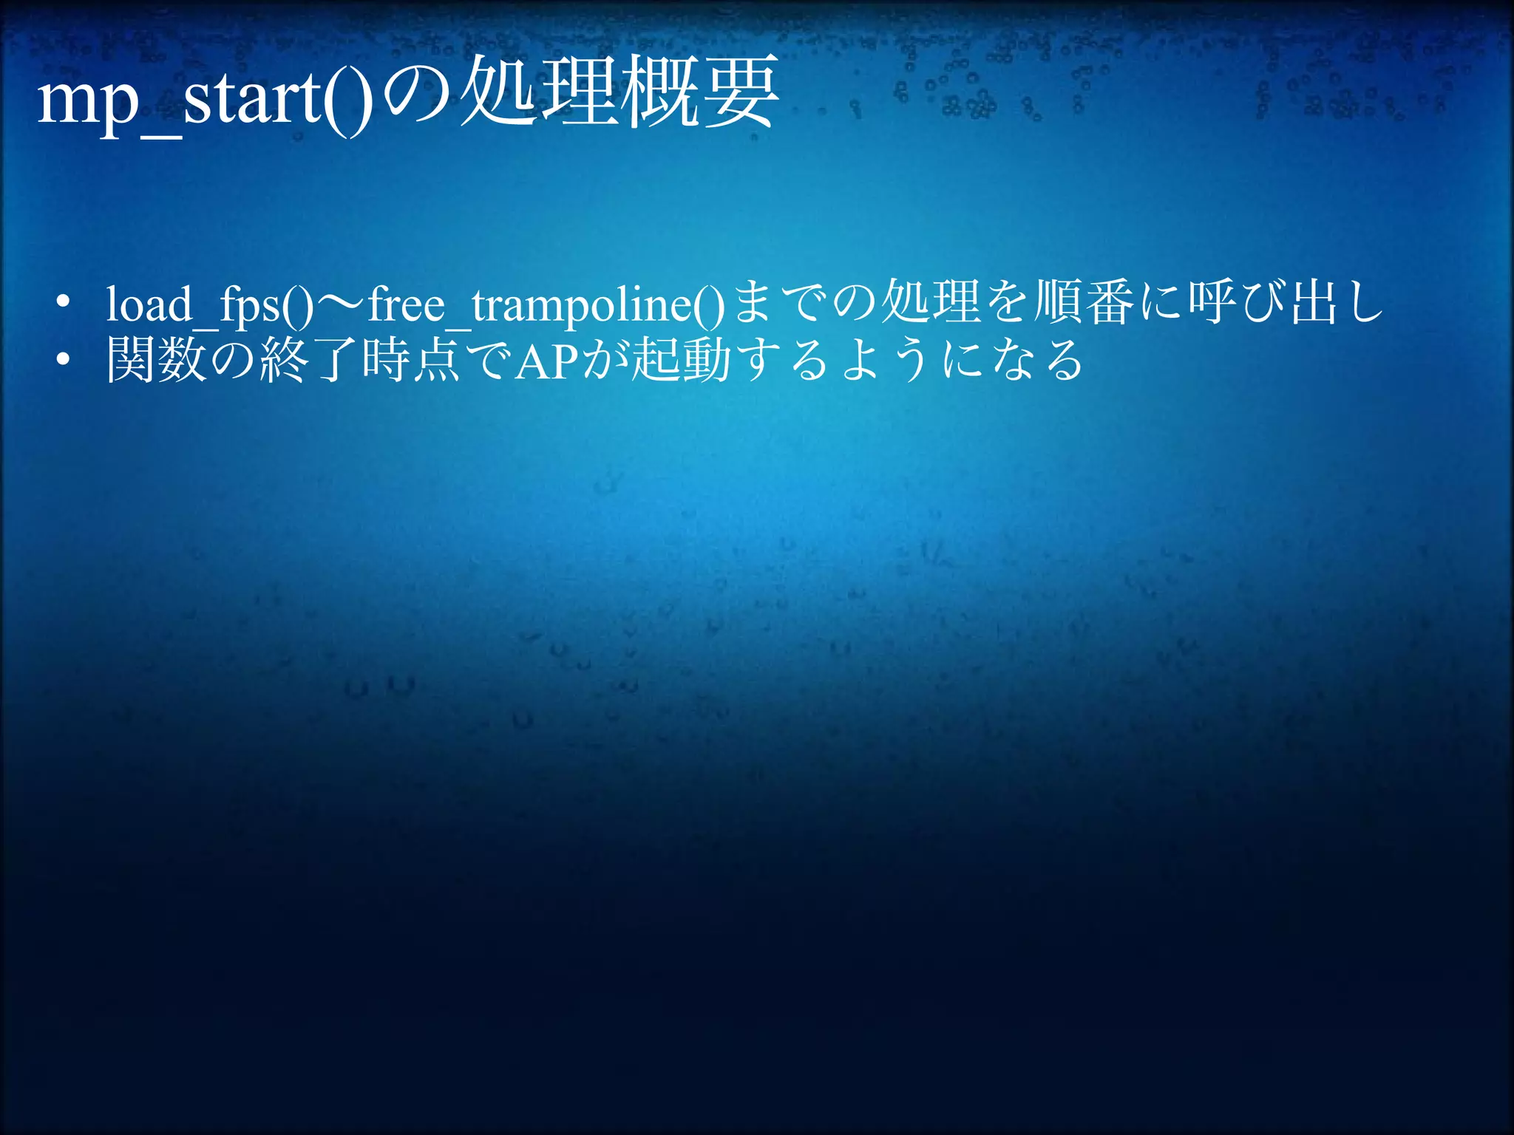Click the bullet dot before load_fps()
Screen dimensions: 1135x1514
pyautogui.click(x=63, y=301)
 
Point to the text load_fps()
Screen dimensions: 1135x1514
pyautogui.click(x=211, y=304)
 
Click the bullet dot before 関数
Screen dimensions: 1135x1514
pyautogui.click(x=63, y=360)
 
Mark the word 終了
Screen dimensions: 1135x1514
pyautogui.click(x=310, y=360)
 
